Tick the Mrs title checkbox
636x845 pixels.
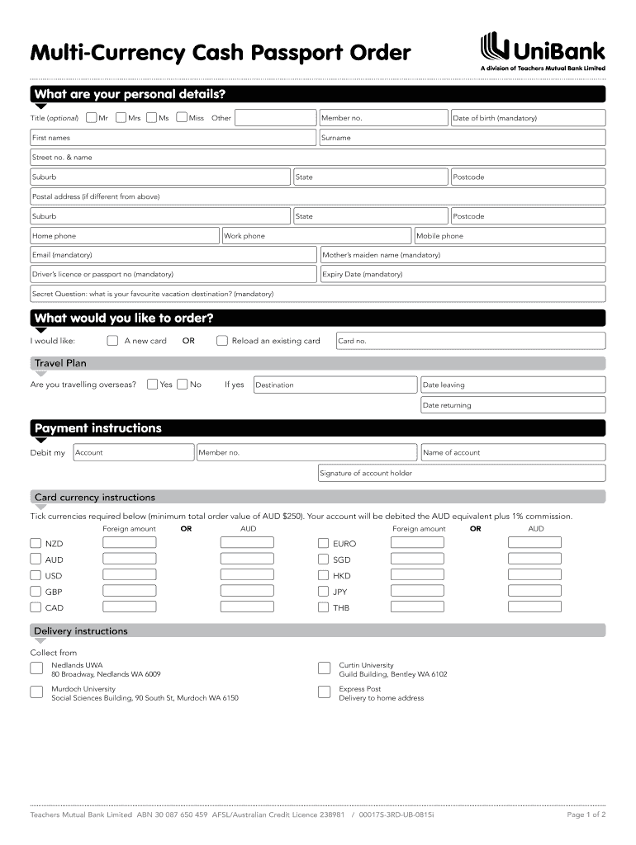coord(121,118)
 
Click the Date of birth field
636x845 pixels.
coord(527,118)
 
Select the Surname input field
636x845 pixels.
coord(462,138)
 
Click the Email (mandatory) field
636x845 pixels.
coord(173,255)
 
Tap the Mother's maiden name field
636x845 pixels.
coord(462,255)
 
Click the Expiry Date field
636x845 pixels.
coord(462,275)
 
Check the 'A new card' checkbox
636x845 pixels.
coord(113,341)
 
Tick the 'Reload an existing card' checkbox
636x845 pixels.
coord(222,341)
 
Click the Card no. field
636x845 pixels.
coord(469,341)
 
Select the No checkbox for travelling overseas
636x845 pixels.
coord(182,385)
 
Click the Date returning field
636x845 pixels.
coord(512,405)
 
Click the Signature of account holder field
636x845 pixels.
coord(461,473)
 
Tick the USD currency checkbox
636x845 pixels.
coord(36,576)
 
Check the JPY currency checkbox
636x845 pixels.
coord(324,592)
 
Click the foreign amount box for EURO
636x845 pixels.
coord(417,543)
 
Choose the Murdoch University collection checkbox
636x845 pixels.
coord(36,692)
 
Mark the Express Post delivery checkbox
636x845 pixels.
coord(324,692)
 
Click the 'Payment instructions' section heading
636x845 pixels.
coord(97,428)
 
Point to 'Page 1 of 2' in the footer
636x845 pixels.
coord(586,814)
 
